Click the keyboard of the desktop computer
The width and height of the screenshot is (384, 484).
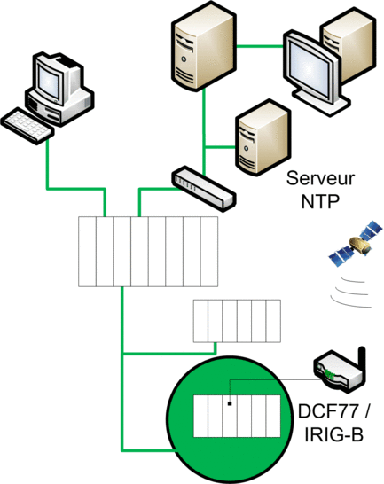[x=27, y=126]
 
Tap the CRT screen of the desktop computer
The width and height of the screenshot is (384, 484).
[x=49, y=81]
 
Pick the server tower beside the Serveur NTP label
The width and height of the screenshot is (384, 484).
[x=263, y=138]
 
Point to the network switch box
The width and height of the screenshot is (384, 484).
[x=203, y=188]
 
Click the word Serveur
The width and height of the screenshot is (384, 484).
[x=320, y=178]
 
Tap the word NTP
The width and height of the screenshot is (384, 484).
[x=320, y=201]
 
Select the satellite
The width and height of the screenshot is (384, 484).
[x=356, y=243]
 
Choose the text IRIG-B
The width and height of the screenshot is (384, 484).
[x=333, y=435]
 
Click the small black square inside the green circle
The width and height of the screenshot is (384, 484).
[x=230, y=403]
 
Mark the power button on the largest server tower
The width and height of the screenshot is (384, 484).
[x=184, y=59]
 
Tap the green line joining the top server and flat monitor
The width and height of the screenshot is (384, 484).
[x=260, y=47]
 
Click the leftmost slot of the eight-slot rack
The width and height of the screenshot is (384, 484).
[x=87, y=252]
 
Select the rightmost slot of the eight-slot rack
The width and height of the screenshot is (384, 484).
[x=209, y=252]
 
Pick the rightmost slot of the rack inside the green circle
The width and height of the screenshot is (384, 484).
[x=273, y=416]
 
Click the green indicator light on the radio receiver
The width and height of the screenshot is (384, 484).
[x=329, y=374]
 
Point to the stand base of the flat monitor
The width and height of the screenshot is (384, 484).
[x=321, y=102]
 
